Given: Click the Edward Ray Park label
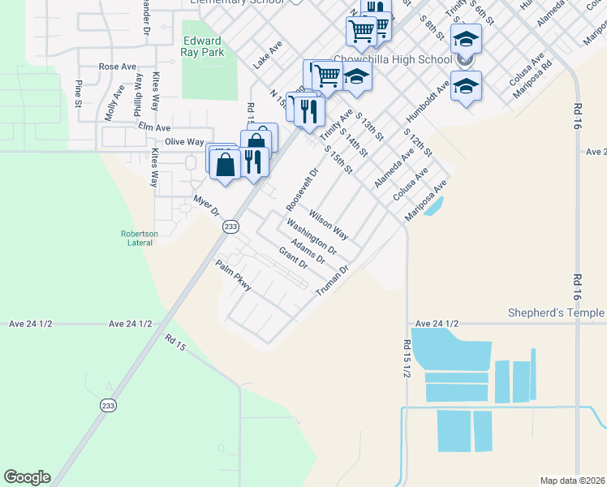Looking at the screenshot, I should pyautogui.click(x=202, y=47).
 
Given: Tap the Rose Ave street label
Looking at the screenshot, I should pyautogui.click(x=117, y=67).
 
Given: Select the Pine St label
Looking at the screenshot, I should pyautogui.click(x=79, y=93).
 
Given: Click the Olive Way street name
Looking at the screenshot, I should pyautogui.click(x=184, y=141).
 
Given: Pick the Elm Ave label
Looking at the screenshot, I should pyautogui.click(x=154, y=127).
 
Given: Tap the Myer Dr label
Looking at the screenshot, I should pyautogui.click(x=206, y=205).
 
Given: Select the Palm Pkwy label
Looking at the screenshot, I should pyautogui.click(x=234, y=275).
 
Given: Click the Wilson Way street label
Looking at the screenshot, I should pyautogui.click(x=329, y=226).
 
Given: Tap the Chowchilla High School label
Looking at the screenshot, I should pyautogui.click(x=393, y=59).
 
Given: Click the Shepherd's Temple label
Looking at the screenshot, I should pyautogui.click(x=556, y=312).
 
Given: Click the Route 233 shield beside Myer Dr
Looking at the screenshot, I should pyautogui.click(x=230, y=228).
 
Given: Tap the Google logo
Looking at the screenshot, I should pyautogui.click(x=27, y=477).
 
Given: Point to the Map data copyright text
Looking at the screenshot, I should pyautogui.click(x=573, y=481).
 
